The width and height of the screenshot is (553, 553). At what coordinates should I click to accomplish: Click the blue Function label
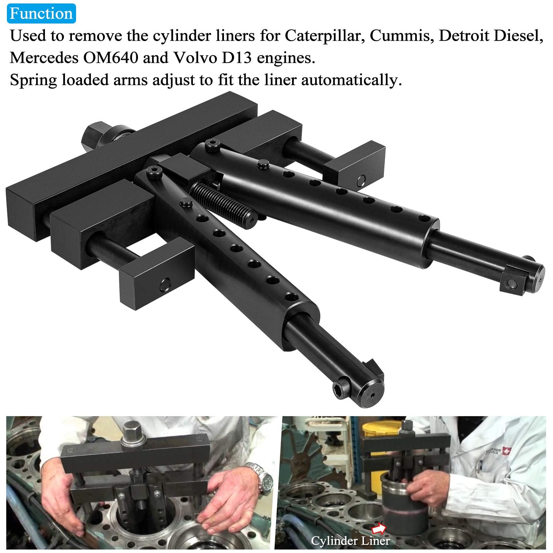[41, 13]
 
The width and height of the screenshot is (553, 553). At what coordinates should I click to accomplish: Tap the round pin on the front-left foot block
[164, 285]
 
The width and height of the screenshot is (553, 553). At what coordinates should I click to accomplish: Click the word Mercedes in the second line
[44, 58]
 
